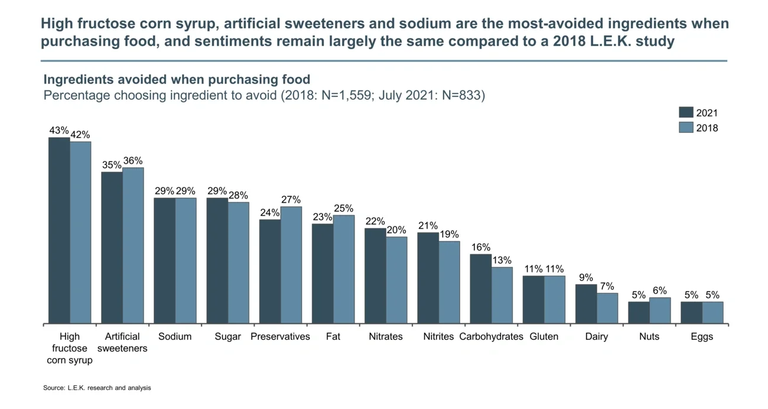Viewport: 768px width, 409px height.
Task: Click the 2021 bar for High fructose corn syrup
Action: click(59, 231)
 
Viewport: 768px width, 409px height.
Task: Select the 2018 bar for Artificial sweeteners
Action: click(133, 245)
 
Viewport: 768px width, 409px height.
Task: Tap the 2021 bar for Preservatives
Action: click(270, 271)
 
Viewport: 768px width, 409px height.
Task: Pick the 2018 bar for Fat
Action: click(344, 269)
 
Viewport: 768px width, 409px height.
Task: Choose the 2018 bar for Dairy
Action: click(607, 308)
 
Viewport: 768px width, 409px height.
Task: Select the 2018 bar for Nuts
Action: click(660, 310)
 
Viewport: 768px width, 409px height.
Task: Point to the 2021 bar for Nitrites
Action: click(428, 278)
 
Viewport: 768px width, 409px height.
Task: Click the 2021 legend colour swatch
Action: click(685, 112)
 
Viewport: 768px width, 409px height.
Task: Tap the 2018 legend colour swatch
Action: click(685, 127)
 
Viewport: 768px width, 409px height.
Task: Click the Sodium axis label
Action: click(175, 336)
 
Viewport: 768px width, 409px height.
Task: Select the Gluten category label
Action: click(544, 336)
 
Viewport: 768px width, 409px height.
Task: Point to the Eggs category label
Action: click(702, 336)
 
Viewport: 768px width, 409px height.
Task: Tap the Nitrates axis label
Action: click(385, 336)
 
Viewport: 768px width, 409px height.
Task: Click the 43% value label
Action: click(59, 131)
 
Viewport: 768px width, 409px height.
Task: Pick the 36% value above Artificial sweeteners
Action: click(133, 161)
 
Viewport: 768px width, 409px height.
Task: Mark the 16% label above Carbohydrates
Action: click(480, 247)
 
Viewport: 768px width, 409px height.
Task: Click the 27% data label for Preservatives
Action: click(291, 200)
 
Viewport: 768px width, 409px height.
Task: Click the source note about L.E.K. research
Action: click(97, 388)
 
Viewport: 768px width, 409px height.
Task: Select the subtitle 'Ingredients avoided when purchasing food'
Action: click(177, 80)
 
